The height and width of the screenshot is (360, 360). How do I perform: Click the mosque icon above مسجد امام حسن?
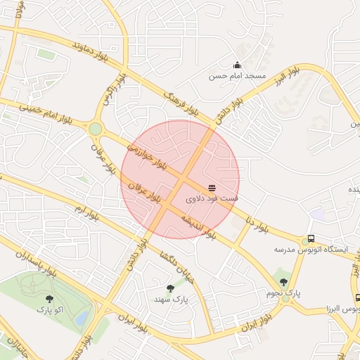point(237,65)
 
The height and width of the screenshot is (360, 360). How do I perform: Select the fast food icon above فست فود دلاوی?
point(212,187)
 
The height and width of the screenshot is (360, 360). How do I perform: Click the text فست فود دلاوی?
point(212,199)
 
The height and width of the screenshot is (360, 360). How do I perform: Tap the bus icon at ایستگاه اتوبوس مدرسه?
point(311,238)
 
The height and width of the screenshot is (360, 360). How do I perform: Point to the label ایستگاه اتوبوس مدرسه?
point(303,250)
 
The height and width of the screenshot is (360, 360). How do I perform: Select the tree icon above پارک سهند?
point(169,288)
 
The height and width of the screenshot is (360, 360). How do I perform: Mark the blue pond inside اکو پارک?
point(82,318)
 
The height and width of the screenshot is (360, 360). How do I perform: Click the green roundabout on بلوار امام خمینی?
point(95,129)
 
